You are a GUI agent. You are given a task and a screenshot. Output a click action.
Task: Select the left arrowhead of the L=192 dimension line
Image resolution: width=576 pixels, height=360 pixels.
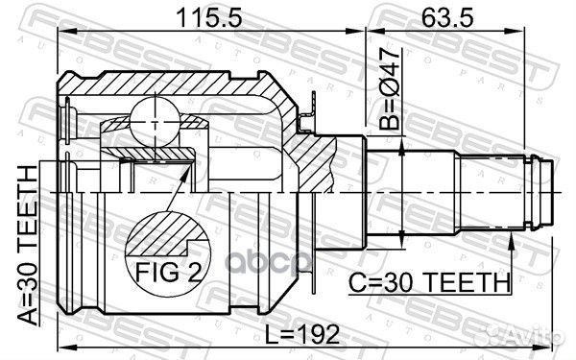click(62, 346)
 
